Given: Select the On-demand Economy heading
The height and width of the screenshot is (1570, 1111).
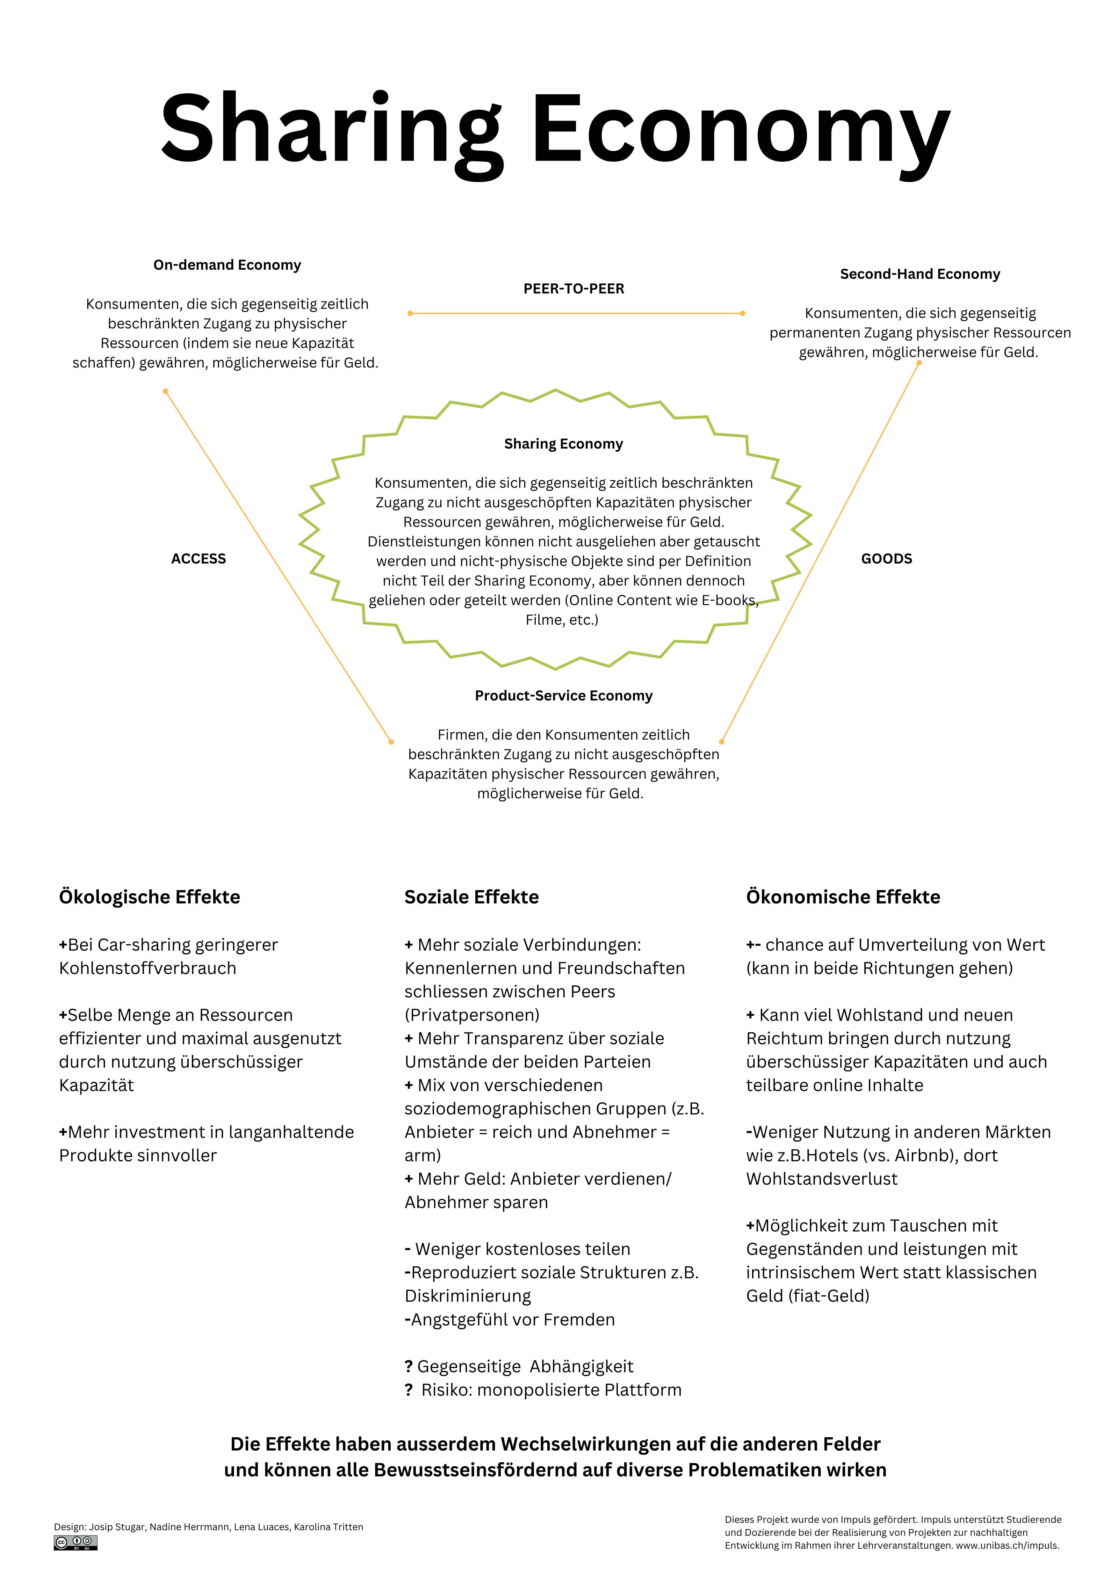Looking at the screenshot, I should [227, 264].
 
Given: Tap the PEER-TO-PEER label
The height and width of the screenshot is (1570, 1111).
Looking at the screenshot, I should [573, 289].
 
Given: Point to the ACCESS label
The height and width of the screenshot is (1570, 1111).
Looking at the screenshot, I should [199, 559].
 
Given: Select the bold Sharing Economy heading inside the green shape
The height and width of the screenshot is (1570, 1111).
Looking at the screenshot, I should [563, 444].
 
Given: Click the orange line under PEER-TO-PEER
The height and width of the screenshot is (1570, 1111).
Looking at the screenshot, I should [576, 313].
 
